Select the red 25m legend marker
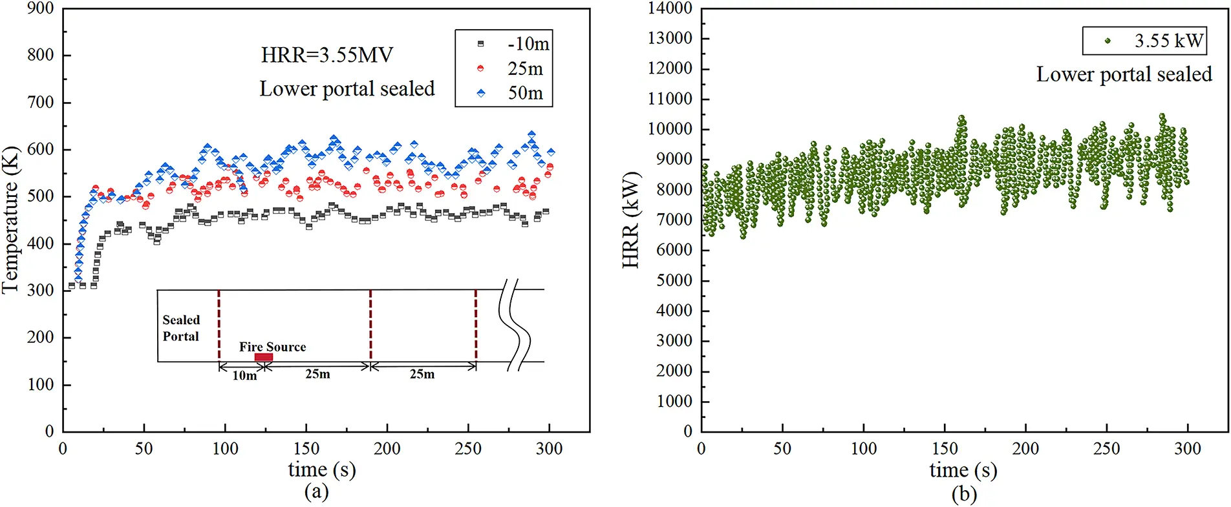tap(480, 68)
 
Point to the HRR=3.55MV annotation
tap(326, 55)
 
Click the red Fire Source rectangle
tap(263, 357)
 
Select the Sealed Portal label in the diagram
tap(181, 328)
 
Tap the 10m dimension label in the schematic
tap(244, 376)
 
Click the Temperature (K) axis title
tap(10, 220)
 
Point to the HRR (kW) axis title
tap(630, 220)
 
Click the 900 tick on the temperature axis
tap(40, 8)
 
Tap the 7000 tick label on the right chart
tap(674, 220)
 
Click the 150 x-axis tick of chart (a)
tap(306, 448)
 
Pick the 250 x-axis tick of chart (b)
tap(1106, 448)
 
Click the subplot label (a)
tap(316, 493)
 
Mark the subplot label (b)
tap(964, 495)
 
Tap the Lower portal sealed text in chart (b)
tap(1124, 74)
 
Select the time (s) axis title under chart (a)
tap(321, 470)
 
